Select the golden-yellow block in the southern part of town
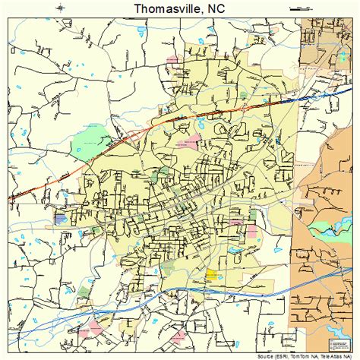(x=210, y=274)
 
